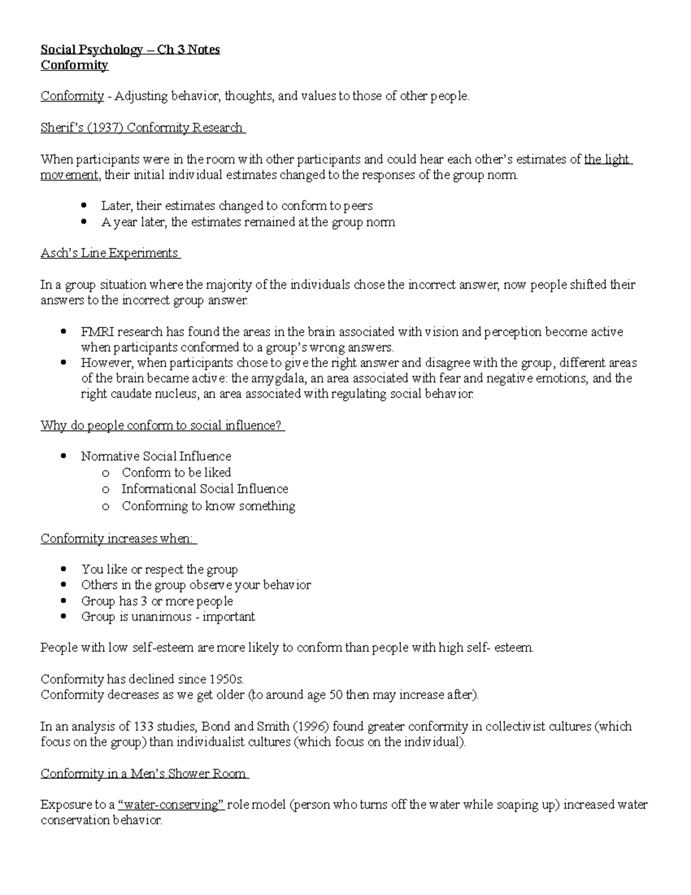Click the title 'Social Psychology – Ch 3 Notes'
coord(130,50)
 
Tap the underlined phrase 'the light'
coord(607,160)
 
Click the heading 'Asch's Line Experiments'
coord(109,253)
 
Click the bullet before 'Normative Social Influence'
coord(64,457)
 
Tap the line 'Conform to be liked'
coord(176,473)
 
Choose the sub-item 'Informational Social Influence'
coord(204,489)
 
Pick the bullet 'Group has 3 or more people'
coord(157,601)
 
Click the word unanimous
coord(161,617)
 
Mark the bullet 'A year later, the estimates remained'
coord(248,222)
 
